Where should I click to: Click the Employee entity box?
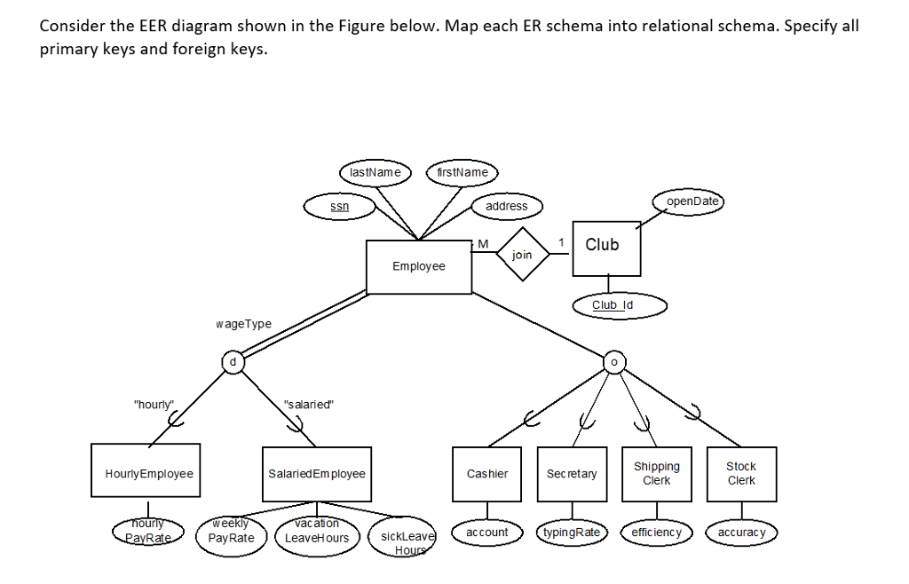click(419, 266)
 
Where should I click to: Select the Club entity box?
click(606, 248)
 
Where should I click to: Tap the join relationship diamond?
click(523, 255)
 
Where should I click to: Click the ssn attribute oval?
click(339, 206)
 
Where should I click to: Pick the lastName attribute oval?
click(375, 171)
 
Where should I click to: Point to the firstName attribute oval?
click(462, 171)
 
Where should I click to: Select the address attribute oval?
click(507, 206)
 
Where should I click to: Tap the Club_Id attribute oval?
click(612, 305)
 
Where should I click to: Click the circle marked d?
click(233, 361)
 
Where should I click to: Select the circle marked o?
click(613, 361)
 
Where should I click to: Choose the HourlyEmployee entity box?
click(146, 474)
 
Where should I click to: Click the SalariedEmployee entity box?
click(316, 474)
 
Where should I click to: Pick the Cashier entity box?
click(487, 474)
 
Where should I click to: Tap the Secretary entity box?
click(572, 474)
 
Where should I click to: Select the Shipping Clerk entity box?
click(657, 474)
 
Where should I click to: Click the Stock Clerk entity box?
click(741, 474)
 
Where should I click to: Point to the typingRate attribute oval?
click(571, 533)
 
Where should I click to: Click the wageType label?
click(243, 324)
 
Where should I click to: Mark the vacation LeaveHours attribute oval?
click(317, 533)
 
